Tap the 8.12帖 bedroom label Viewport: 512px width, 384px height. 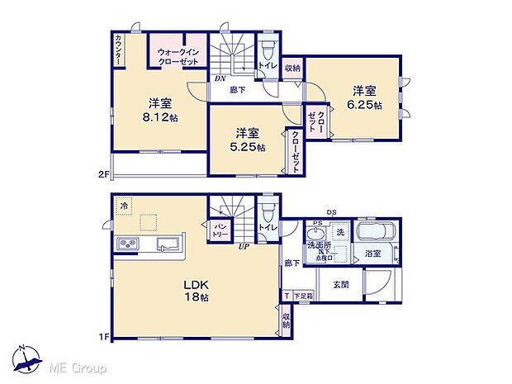(x=162, y=111)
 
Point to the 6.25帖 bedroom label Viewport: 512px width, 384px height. (x=364, y=97)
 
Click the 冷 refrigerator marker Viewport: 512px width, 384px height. (x=124, y=206)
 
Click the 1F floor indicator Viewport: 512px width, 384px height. (x=104, y=337)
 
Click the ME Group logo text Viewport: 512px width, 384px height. (x=81, y=366)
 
